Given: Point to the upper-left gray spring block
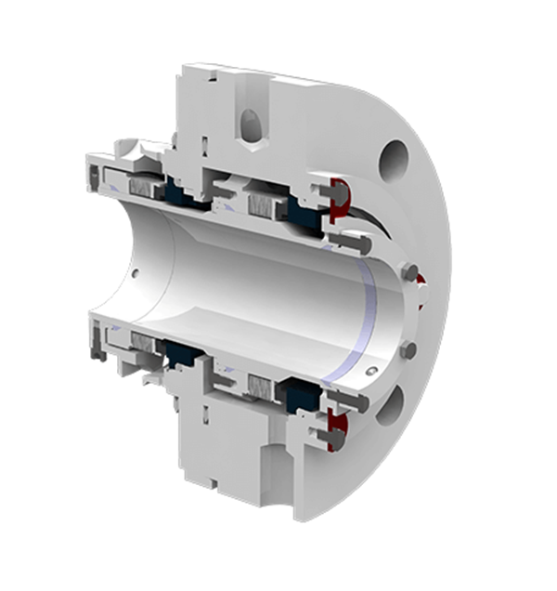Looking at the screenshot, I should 146,187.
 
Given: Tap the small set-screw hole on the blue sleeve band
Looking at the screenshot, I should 370,371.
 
